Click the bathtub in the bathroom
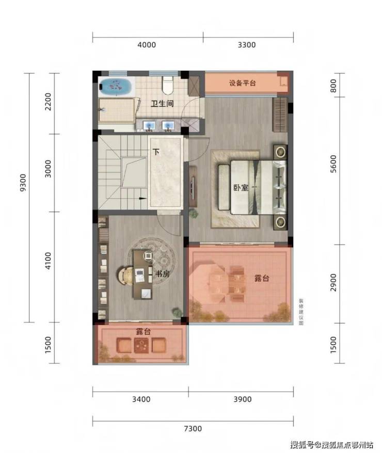(x=116, y=86)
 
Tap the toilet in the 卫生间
(x=167, y=85)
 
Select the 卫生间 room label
(x=162, y=103)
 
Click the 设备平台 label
(x=243, y=83)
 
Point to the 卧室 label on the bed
(x=241, y=187)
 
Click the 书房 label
(x=163, y=273)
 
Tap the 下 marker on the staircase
(x=156, y=152)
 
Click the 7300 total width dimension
(x=193, y=428)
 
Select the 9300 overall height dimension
(x=23, y=183)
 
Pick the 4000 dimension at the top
(x=147, y=45)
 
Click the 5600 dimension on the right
(x=333, y=164)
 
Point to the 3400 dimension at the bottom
(x=141, y=399)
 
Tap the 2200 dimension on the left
(x=48, y=102)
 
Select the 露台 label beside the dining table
(x=262, y=278)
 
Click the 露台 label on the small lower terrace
(x=144, y=331)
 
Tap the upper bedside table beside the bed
(x=280, y=152)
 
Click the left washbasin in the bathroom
(x=149, y=126)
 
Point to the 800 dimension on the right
(x=333, y=86)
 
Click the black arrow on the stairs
(x=142, y=199)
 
